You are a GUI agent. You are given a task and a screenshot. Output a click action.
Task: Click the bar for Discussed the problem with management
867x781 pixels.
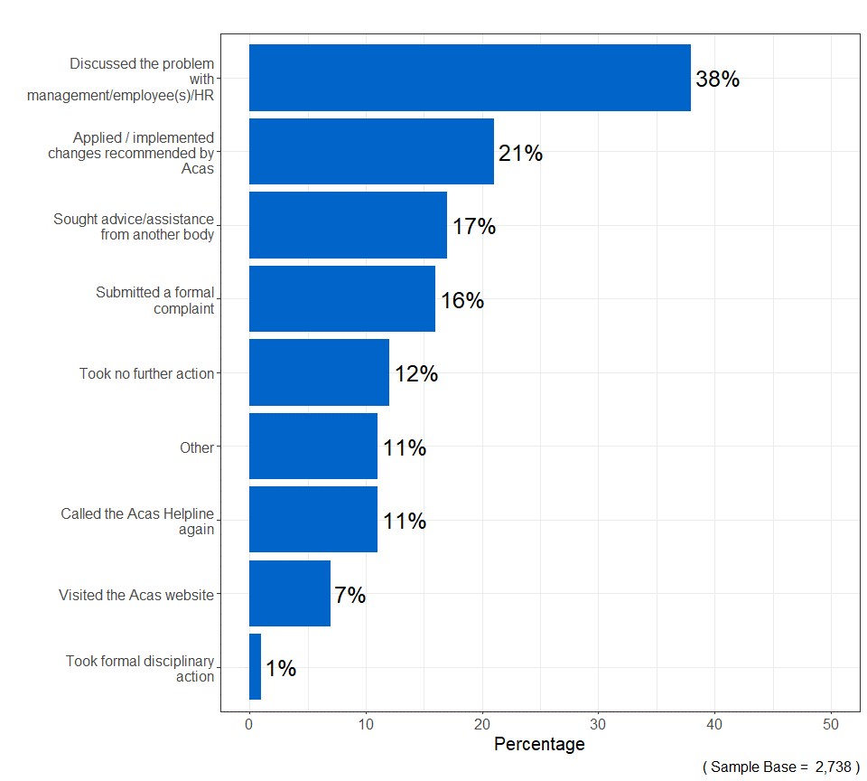[470, 78]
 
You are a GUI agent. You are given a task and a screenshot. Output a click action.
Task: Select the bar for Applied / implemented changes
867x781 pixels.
[371, 152]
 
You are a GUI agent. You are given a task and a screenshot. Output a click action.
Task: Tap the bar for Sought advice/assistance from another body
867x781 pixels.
[348, 225]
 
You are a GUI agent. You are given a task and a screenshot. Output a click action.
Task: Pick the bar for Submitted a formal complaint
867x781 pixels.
[341, 299]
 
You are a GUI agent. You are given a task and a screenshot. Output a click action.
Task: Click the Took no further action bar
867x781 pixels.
[319, 372]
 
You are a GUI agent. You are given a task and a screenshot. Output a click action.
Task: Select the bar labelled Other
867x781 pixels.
[312, 447]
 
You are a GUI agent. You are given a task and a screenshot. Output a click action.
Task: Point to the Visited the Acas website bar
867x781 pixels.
[289, 594]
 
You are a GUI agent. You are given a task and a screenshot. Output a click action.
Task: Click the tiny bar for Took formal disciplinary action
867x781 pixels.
[255, 667]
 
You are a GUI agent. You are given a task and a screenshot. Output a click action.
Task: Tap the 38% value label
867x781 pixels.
[717, 80]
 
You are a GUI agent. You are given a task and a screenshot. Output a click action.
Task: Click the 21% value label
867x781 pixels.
[520, 154]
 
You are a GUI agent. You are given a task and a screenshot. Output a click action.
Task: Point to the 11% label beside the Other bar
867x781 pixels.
[404, 447]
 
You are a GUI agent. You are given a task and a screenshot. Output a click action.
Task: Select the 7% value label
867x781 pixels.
[350, 595]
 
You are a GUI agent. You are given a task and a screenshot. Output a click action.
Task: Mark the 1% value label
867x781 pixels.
[281, 669]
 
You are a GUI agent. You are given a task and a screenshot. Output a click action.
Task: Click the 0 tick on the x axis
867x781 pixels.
[249, 724]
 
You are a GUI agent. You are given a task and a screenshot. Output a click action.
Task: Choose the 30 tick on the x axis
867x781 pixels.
[599, 724]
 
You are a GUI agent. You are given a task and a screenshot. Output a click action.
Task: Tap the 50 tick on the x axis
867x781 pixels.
[831, 724]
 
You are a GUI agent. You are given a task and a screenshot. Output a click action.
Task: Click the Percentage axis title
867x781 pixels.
[539, 744]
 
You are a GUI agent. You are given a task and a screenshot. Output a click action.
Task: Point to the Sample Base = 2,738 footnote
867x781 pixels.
[780, 767]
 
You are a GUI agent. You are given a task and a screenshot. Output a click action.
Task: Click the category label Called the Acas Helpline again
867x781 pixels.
[137, 521]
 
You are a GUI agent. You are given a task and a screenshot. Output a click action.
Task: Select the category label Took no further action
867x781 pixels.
[146, 373]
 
